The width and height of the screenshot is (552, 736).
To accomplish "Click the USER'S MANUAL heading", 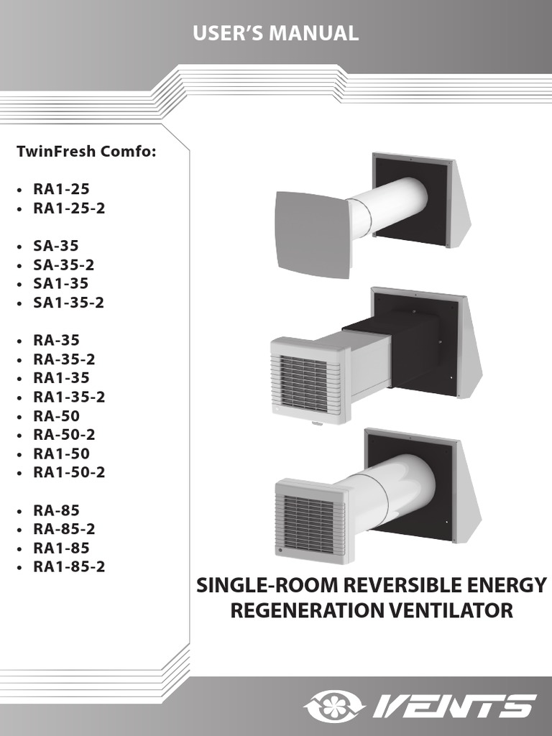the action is (x=276, y=33).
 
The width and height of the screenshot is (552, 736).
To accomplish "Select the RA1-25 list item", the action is (x=61, y=190).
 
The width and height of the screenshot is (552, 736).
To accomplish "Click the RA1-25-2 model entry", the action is (x=69, y=208).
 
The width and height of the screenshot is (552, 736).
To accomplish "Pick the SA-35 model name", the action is (x=56, y=246).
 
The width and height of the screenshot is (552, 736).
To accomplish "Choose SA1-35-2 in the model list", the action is (x=69, y=303).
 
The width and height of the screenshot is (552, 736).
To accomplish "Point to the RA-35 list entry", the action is (x=57, y=340).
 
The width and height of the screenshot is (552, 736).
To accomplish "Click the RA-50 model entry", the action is (x=57, y=415).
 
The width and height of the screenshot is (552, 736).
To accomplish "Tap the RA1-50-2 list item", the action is (x=69, y=472).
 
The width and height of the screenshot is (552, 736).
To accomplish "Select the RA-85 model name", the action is (x=57, y=510).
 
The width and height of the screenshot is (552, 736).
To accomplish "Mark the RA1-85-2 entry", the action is (x=69, y=566).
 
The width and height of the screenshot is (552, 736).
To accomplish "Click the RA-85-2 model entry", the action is (x=65, y=529).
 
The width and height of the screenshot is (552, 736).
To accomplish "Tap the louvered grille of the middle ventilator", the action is (x=304, y=374).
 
